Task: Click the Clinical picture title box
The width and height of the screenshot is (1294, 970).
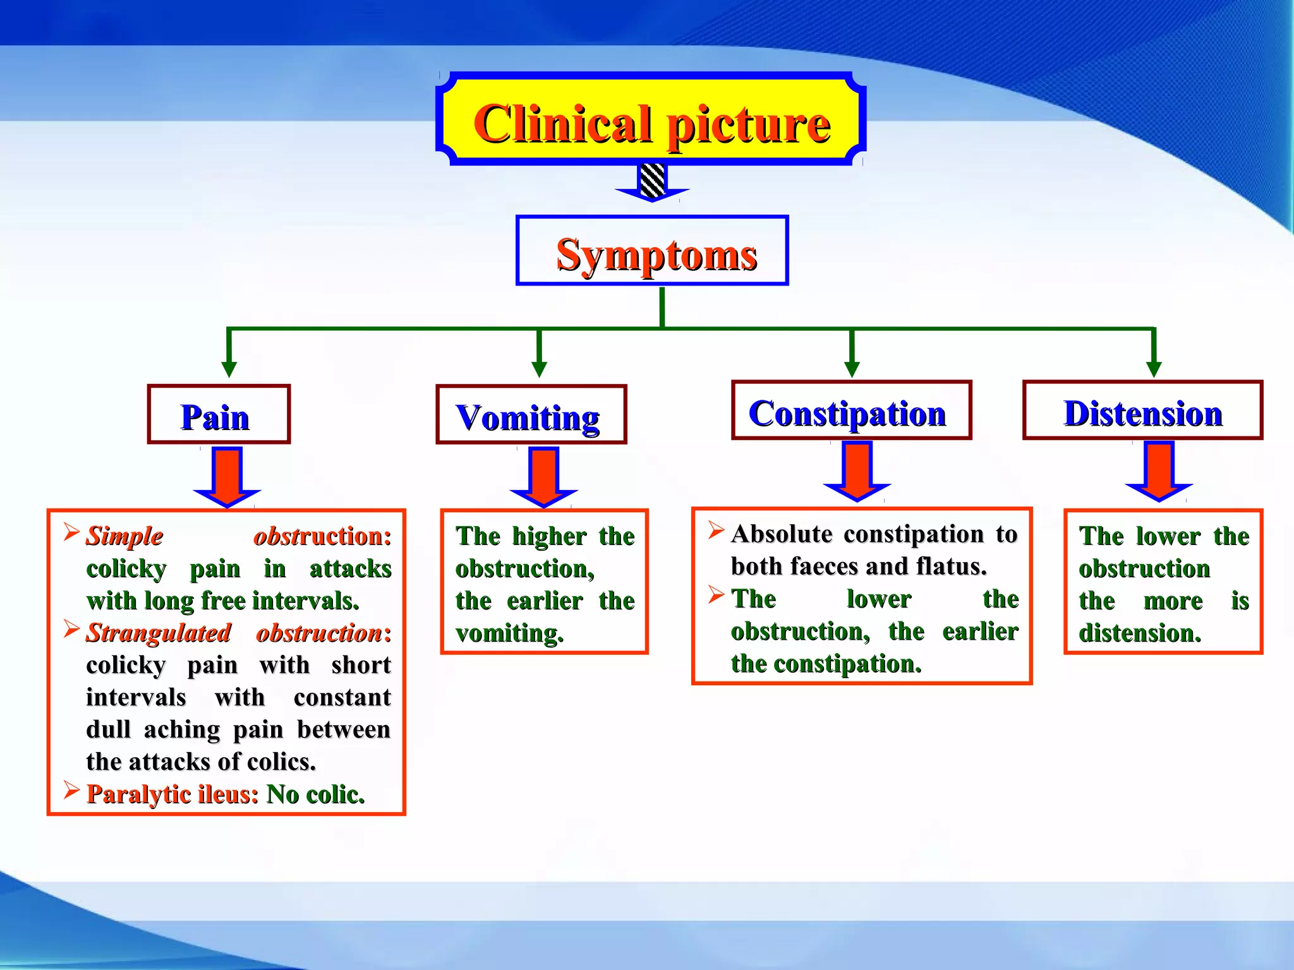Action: [651, 120]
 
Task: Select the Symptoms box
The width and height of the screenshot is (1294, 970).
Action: [652, 251]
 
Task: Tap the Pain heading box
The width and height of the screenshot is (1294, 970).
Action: [219, 415]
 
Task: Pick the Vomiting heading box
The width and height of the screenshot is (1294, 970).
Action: [531, 415]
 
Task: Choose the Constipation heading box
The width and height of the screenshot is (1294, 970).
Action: [851, 410]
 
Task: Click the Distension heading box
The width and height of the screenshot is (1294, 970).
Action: [1142, 410]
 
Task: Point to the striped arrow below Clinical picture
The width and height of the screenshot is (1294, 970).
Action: [652, 183]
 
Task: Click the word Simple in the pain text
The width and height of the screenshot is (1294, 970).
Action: [124, 536]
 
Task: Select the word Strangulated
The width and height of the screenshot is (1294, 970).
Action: [158, 633]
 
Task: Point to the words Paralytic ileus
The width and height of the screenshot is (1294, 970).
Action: [172, 794]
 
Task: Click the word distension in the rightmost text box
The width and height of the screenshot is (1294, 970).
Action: [1139, 633]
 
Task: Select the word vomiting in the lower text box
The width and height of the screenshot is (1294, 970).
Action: [509, 633]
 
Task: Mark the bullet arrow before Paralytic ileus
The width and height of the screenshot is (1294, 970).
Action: [71, 790]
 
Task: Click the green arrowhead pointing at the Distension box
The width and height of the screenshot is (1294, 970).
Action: [1154, 369]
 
